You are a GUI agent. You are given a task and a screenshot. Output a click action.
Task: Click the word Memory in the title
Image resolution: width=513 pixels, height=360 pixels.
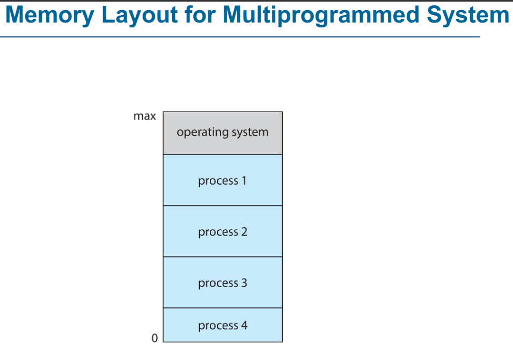click(50, 16)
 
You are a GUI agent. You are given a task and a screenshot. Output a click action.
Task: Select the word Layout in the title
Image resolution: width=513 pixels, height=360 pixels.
click(140, 16)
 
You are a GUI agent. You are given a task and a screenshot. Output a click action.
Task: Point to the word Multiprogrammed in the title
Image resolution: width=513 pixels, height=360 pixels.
click(321, 16)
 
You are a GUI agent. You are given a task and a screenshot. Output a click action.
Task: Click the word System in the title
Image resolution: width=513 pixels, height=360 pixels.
click(468, 16)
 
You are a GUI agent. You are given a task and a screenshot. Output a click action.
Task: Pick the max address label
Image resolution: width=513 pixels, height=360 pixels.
click(144, 116)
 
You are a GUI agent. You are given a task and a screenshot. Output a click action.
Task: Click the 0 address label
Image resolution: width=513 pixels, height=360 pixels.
click(155, 338)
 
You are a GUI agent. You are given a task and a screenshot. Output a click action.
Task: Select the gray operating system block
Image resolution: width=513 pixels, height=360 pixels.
click(223, 133)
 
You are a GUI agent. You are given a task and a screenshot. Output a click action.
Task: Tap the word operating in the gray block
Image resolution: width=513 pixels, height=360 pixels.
click(202, 133)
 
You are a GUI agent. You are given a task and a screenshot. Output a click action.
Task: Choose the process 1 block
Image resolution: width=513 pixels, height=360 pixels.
click(223, 180)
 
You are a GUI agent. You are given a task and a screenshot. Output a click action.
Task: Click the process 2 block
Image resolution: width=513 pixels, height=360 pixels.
click(223, 231)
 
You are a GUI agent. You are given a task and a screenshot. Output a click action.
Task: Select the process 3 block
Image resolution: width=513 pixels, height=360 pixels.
click(223, 282)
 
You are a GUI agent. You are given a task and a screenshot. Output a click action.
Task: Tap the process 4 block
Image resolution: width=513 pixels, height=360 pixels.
click(223, 325)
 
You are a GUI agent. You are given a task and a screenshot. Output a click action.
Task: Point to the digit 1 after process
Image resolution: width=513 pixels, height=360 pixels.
click(244, 180)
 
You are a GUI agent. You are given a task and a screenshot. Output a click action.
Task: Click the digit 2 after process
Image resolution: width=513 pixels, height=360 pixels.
click(244, 231)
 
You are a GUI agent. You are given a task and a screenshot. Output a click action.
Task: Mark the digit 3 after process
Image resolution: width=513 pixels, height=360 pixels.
click(244, 283)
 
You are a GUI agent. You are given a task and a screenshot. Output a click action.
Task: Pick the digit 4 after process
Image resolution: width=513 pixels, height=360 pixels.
click(244, 325)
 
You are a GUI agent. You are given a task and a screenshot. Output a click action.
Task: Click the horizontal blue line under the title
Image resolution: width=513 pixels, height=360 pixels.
click(240, 36)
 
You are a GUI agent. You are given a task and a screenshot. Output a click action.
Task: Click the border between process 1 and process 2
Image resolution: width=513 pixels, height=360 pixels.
click(223, 205)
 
